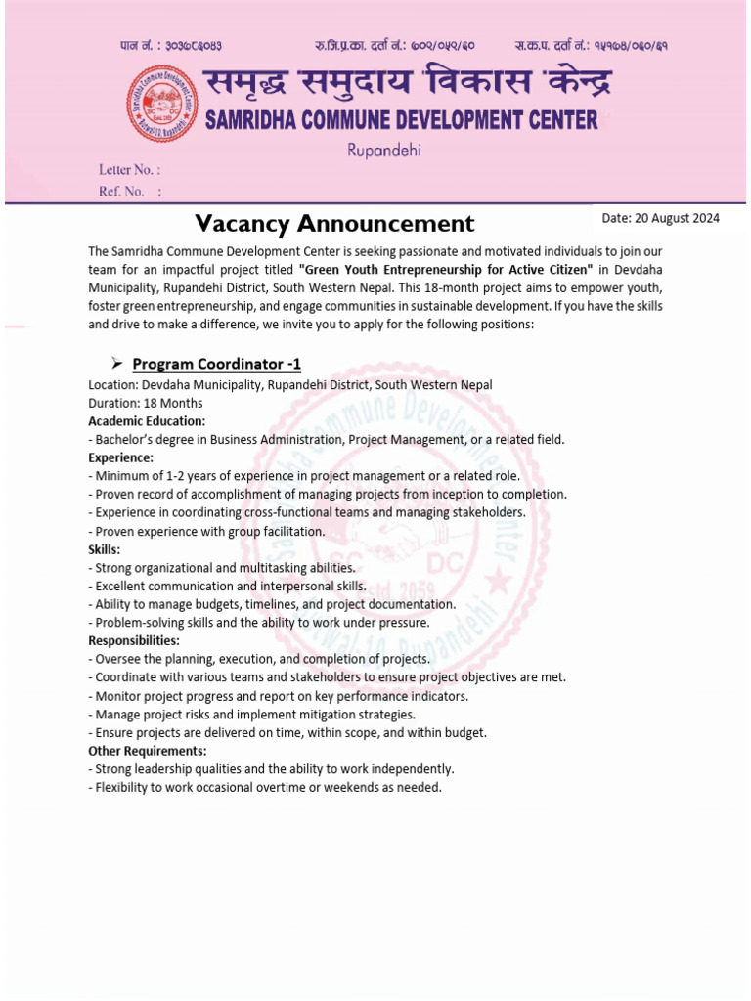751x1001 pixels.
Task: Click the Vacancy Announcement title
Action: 334,224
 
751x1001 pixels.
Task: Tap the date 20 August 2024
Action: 660,218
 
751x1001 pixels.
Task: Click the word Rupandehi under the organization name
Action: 384,151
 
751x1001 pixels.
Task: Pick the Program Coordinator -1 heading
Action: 217,365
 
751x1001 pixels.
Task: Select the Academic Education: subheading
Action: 147,421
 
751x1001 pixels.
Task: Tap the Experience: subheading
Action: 120,457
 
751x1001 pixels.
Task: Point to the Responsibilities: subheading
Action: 134,641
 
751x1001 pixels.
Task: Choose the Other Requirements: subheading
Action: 147,751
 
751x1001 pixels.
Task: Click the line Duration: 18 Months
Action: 146,403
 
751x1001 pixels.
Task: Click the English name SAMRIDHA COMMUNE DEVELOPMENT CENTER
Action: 401,120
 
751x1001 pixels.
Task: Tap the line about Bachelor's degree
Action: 327,440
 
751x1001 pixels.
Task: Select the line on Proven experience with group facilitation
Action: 205,532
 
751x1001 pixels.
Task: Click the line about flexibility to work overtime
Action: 265,788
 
